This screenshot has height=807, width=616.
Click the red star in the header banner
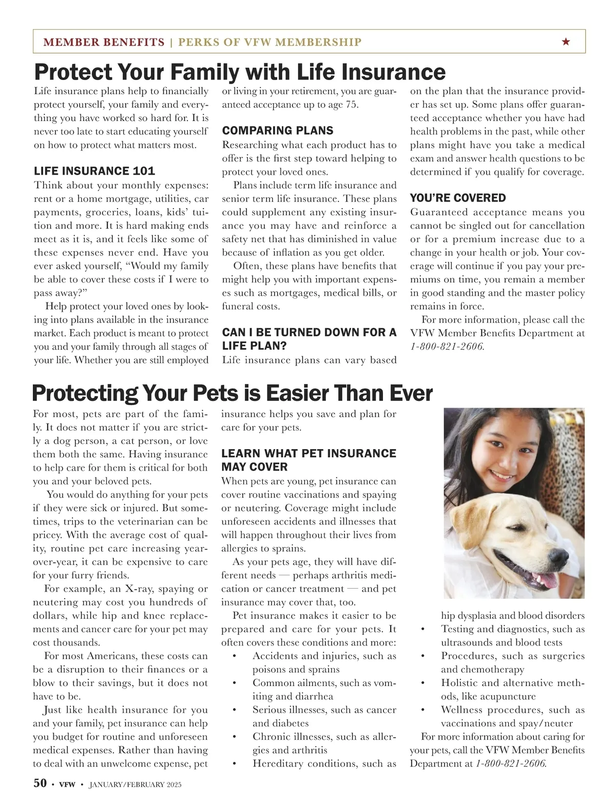566,42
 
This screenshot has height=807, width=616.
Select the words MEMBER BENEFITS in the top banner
104,42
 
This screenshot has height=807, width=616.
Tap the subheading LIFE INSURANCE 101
94,171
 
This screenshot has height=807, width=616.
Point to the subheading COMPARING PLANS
278,130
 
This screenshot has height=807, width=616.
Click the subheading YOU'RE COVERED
458,197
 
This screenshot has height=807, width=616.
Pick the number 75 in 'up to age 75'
351,105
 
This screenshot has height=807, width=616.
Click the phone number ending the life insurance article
447,346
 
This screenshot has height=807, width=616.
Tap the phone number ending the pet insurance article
511,763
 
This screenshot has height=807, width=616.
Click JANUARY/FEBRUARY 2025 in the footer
135,784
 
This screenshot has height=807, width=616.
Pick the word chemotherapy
492,669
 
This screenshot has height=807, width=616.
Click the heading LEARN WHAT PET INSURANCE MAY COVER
309,460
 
